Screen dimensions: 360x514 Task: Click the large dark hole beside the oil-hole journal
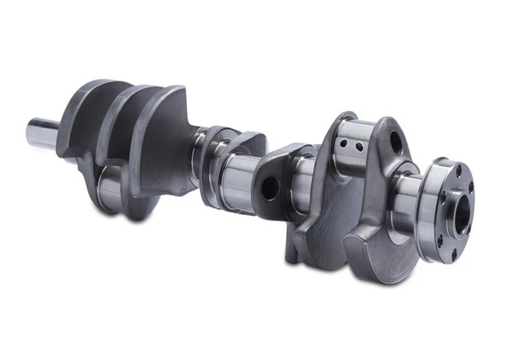pos(395,142)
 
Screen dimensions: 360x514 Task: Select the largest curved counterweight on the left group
pos(167,137)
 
